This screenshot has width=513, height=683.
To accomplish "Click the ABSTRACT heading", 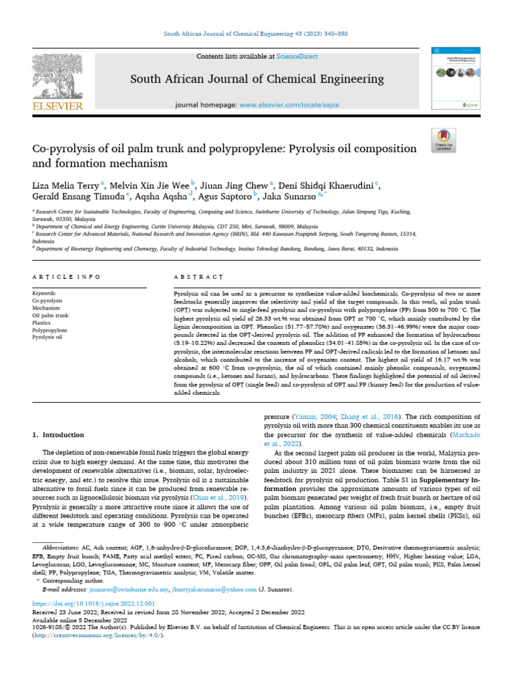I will (198, 276).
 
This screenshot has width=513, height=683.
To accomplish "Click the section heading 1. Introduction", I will (59, 435).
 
